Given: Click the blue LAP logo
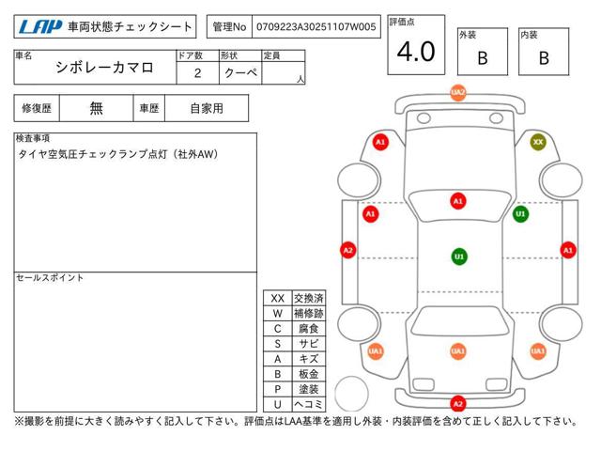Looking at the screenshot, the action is click(x=39, y=27).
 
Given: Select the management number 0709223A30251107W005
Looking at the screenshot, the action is click(x=316, y=27).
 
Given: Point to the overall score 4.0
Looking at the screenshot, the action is click(x=416, y=52).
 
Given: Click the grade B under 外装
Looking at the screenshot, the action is click(x=483, y=58).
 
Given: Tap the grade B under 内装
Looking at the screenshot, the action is click(x=544, y=58).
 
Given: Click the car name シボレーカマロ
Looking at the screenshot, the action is click(x=104, y=68).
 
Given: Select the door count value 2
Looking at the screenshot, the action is click(x=197, y=73).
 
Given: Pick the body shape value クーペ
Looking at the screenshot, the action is click(x=240, y=73).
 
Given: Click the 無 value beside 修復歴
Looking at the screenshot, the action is click(x=96, y=109).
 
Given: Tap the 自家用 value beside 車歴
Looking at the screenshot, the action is click(x=207, y=109).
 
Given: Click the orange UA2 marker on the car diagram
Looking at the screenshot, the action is click(x=458, y=92).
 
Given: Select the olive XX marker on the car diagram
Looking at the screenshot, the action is click(x=538, y=142).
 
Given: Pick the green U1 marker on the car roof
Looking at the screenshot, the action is click(x=459, y=257).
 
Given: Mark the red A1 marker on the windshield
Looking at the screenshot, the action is click(x=458, y=201).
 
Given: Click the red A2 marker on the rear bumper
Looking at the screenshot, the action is click(x=457, y=403).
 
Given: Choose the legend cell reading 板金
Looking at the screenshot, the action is click(x=309, y=374).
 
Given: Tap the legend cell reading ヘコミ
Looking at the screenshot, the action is click(x=309, y=404).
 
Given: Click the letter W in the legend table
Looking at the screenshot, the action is click(x=278, y=313).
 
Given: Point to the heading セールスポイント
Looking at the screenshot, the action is click(x=50, y=278).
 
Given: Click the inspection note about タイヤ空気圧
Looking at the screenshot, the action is click(x=118, y=154).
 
